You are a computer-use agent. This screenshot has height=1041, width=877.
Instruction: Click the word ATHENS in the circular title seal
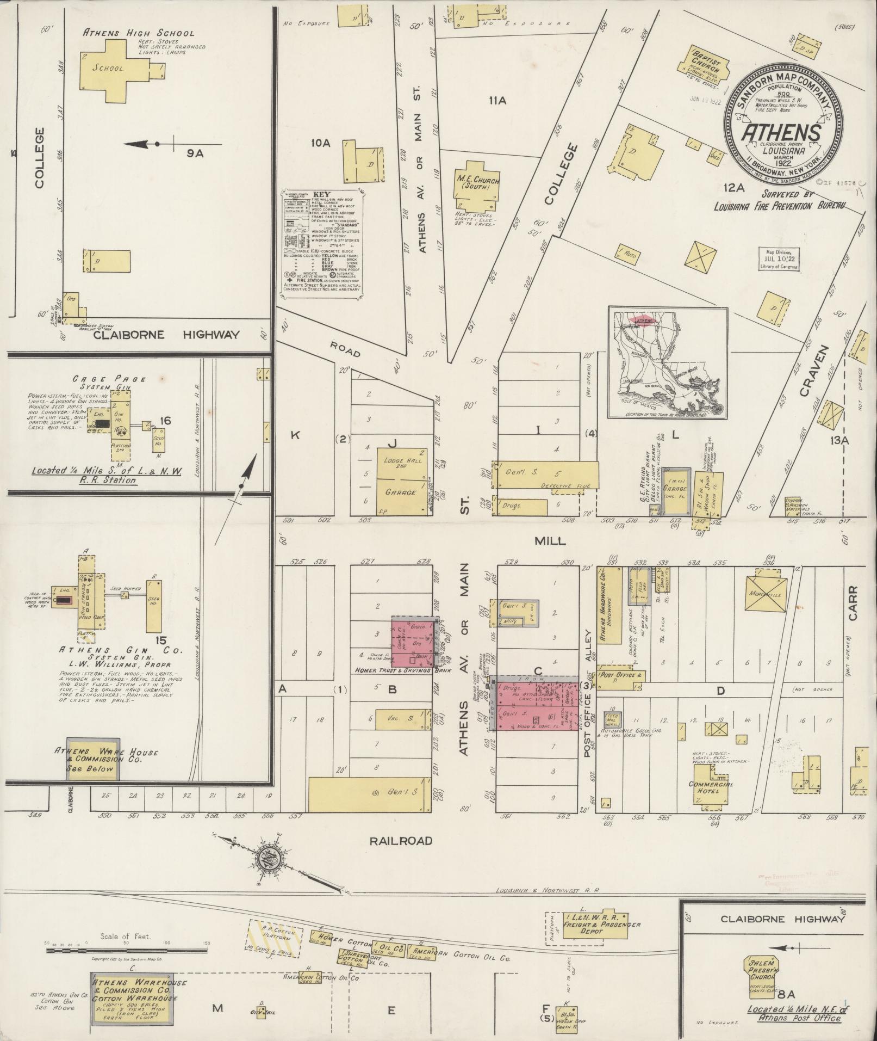(781, 133)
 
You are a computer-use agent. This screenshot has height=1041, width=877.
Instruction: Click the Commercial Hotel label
(711, 787)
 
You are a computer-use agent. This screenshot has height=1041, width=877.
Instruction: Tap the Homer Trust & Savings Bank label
(395, 670)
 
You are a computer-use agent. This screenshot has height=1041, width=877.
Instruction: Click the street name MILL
(550, 541)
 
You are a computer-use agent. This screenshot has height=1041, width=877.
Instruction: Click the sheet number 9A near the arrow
(195, 153)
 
